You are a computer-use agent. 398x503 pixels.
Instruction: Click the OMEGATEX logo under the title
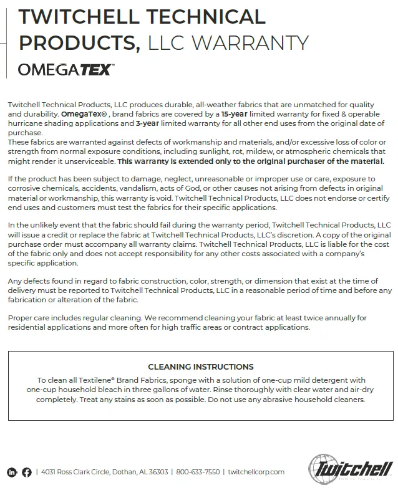coord(66,69)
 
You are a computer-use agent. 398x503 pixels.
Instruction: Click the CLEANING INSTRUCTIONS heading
coord(200,366)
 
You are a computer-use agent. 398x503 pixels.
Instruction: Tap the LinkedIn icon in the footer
coord(12,472)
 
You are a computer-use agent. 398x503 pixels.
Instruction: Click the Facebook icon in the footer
coord(27,472)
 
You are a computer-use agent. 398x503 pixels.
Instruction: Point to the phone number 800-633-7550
coord(198,472)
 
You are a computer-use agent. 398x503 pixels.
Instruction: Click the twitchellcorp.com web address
coord(256,472)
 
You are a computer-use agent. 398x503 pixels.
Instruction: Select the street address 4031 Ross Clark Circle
coord(77,472)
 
